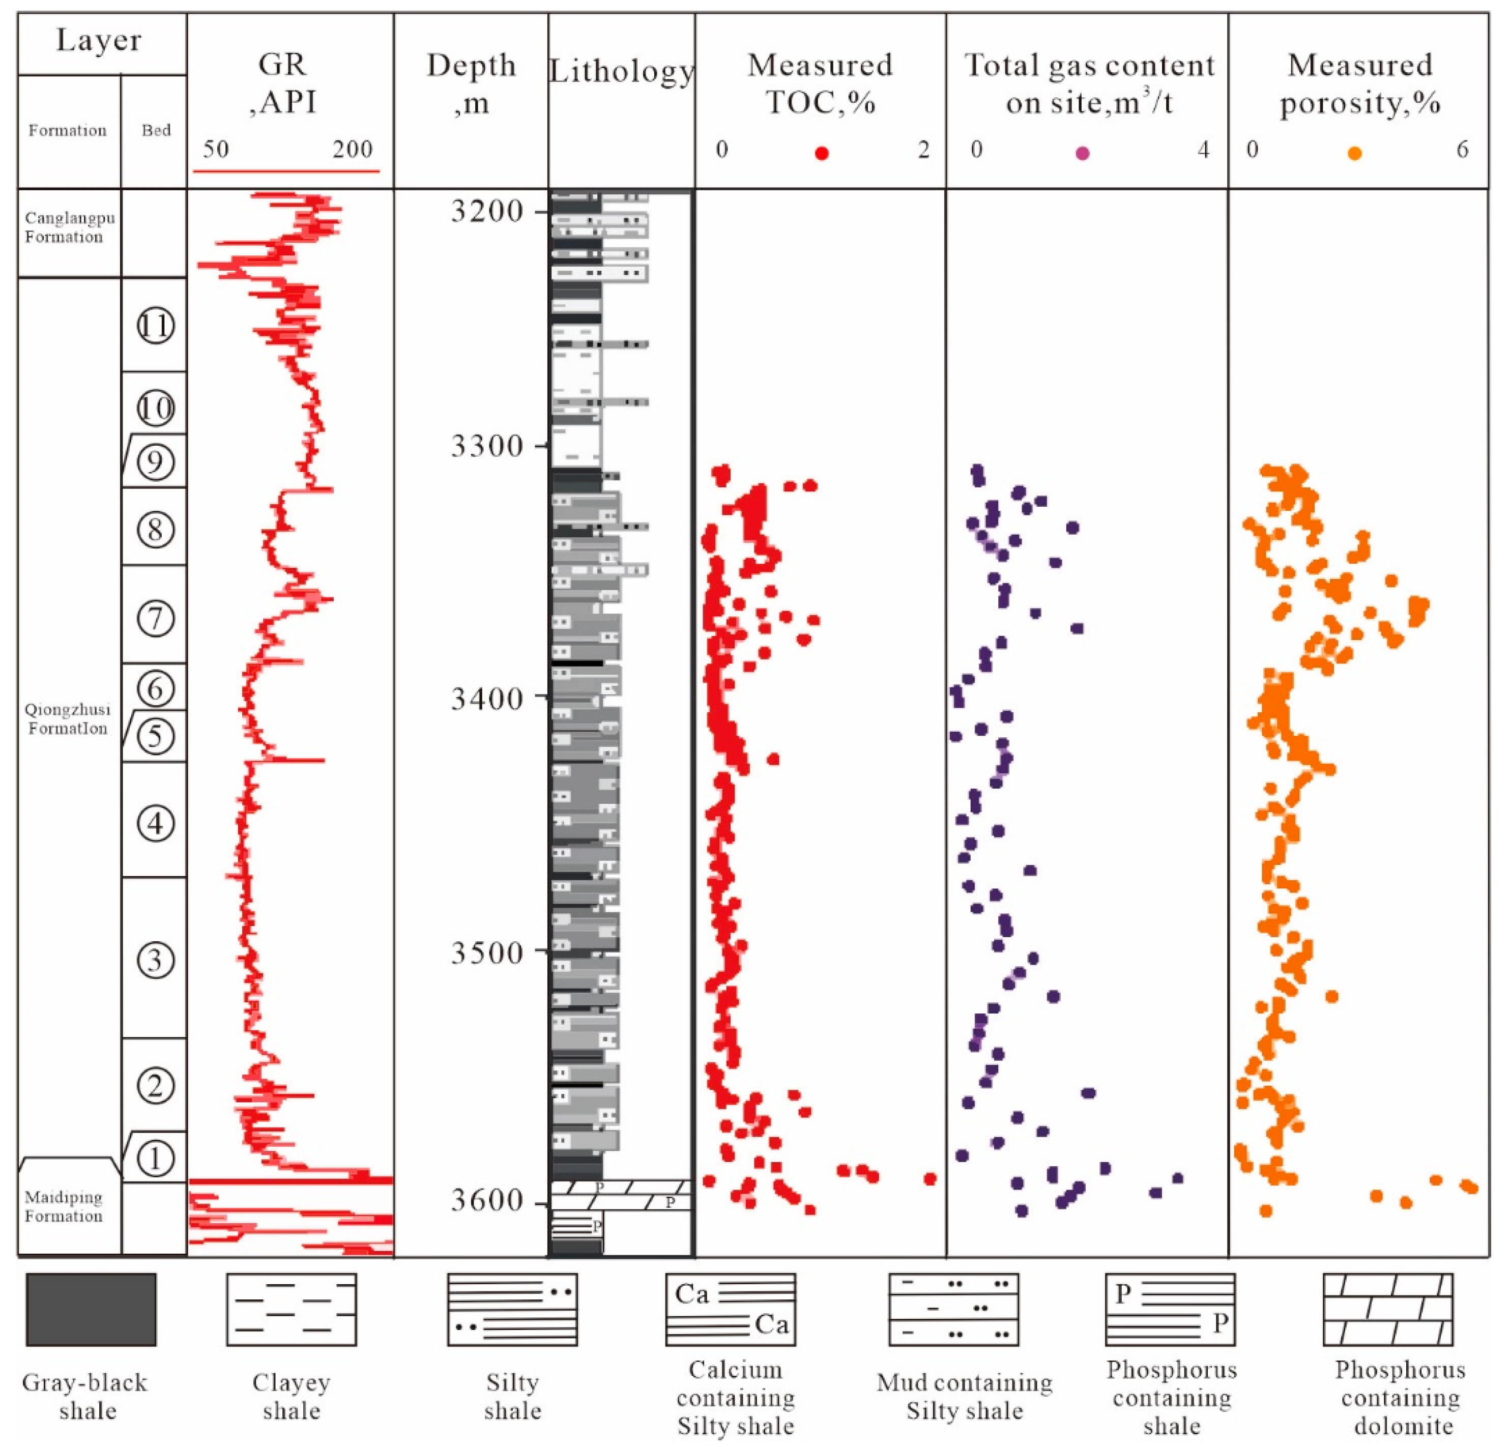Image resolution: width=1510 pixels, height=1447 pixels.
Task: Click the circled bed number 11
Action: click(155, 326)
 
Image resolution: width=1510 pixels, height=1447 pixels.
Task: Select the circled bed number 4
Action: click(155, 824)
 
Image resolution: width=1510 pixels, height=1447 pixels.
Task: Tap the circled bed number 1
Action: click(155, 1157)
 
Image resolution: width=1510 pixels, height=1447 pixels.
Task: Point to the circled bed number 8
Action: click(155, 529)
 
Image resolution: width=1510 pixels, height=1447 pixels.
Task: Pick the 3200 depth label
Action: click(486, 210)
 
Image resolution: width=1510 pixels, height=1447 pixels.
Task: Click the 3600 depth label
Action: click(486, 1200)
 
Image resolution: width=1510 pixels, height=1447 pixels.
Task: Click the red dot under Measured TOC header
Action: click(821, 153)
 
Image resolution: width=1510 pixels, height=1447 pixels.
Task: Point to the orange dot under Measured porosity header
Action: click(1354, 153)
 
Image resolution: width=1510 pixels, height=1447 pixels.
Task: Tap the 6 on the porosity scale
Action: click(1462, 149)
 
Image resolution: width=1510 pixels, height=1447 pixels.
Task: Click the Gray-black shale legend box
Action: click(91, 1309)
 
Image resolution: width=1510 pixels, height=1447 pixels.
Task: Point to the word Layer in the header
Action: click(99, 40)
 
